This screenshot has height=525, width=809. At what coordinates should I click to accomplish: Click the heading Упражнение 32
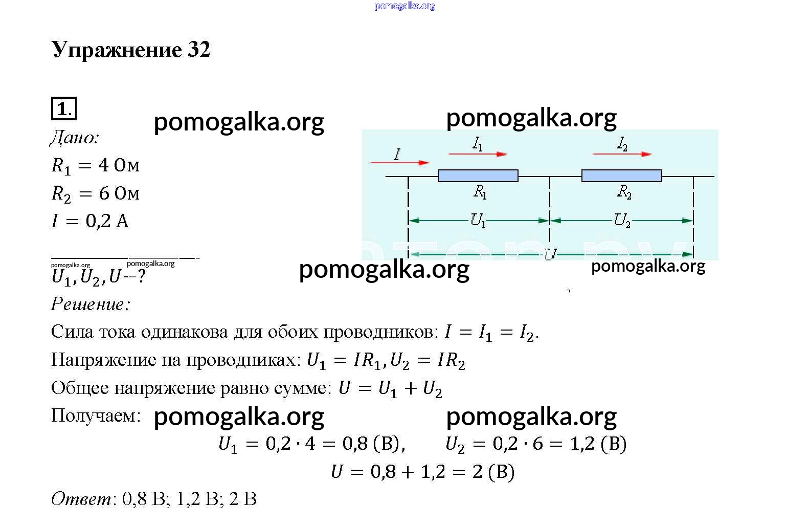click(131, 50)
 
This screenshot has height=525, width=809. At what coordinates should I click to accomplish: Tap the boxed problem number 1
click(64, 108)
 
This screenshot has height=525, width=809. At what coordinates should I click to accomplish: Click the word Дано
click(74, 138)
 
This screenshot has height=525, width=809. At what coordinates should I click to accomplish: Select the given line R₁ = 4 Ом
click(95, 166)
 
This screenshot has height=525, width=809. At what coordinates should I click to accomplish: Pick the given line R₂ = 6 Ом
click(95, 194)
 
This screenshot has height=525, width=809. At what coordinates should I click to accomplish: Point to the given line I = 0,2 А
click(90, 221)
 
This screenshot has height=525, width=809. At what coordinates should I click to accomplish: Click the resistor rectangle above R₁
click(478, 176)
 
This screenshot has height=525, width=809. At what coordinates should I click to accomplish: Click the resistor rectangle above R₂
click(621, 176)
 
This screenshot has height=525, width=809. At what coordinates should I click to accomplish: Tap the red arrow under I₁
click(478, 155)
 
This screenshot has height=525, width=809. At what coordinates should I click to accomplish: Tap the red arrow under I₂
click(622, 155)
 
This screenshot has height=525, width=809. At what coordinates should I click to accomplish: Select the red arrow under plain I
click(399, 163)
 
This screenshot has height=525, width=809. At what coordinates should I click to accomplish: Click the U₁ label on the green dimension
click(478, 221)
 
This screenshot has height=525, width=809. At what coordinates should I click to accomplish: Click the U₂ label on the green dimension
click(622, 221)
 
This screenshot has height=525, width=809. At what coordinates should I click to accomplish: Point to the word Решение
click(91, 304)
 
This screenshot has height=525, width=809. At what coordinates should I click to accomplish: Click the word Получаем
click(96, 415)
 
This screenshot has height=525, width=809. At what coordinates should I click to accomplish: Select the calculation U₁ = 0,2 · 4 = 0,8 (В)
click(311, 444)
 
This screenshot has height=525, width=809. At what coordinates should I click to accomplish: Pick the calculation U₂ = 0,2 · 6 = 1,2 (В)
click(536, 444)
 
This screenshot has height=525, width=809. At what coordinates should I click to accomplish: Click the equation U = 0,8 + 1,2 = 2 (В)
click(422, 472)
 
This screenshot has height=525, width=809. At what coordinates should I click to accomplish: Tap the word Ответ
click(81, 499)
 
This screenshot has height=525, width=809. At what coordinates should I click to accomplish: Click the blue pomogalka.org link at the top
click(405, 6)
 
